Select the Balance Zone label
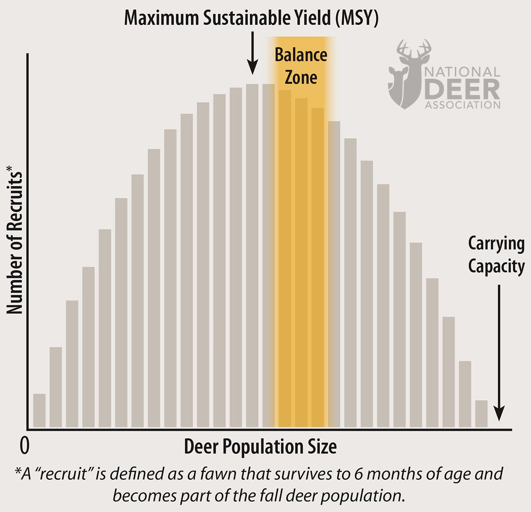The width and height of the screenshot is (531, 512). [x=301, y=66]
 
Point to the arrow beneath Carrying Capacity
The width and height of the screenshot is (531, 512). [x=499, y=354]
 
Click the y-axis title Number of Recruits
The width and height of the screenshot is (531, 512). [x=15, y=243]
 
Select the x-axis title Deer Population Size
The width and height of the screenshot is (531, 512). [x=260, y=447]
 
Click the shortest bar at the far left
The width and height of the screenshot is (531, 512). [x=39, y=410]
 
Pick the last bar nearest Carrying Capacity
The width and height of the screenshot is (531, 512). [x=481, y=414]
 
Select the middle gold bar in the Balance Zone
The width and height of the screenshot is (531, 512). [x=301, y=263]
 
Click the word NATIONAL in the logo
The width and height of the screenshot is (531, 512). [x=462, y=72]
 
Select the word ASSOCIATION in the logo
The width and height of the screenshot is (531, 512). [x=462, y=105]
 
